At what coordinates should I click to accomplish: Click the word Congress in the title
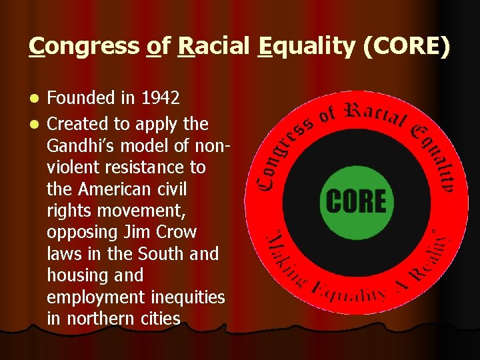(83, 47)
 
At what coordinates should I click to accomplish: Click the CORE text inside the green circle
(356, 201)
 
